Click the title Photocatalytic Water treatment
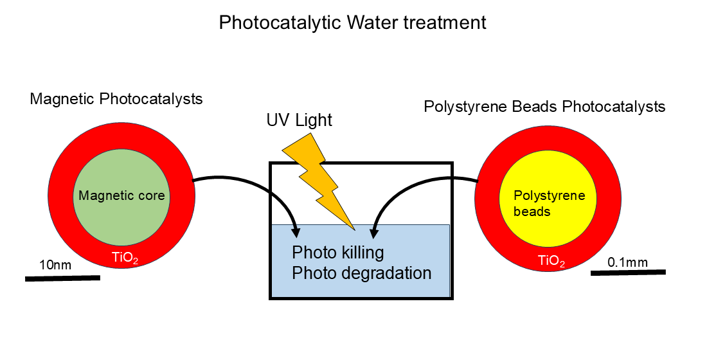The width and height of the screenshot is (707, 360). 352,22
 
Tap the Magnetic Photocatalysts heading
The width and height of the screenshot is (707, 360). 116,99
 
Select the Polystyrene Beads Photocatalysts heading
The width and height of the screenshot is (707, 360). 544,107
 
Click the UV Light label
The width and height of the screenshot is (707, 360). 299,120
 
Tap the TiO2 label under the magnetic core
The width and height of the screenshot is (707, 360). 125,258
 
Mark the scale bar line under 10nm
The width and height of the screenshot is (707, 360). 62,278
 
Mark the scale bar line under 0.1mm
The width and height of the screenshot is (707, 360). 628,273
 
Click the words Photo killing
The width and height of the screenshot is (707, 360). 338,252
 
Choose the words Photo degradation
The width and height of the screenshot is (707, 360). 361,273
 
